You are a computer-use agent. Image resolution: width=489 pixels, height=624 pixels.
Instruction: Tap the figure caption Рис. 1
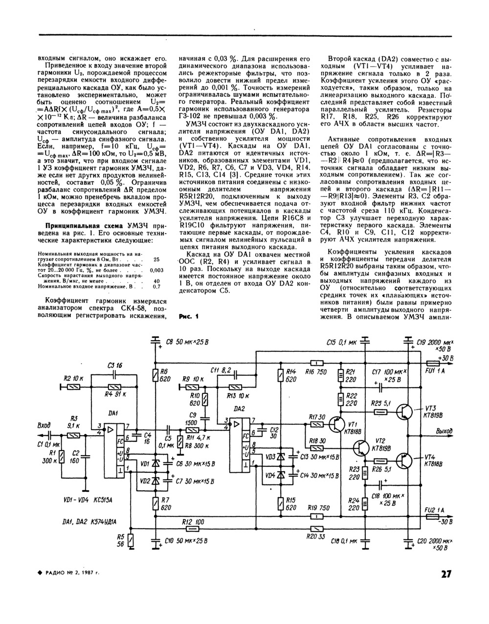(188, 316)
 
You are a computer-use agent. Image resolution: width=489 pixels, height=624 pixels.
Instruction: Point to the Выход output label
(444, 431)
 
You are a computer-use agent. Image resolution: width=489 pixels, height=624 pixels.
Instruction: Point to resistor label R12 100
(193, 522)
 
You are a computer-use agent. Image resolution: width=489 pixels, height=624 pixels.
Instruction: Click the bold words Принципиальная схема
(82, 226)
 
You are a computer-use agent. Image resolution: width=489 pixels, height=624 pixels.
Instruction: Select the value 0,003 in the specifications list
(156, 270)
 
